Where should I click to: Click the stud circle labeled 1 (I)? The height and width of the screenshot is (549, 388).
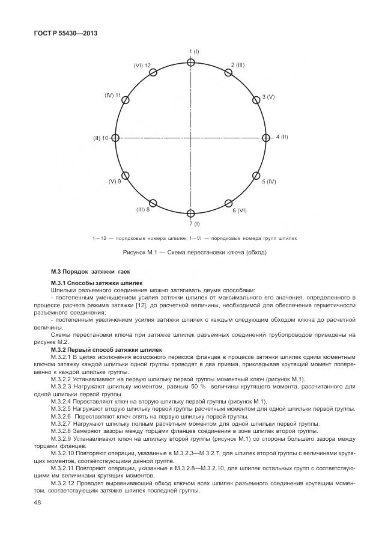click(x=191, y=63)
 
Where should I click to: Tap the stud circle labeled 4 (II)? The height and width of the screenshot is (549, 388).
click(x=266, y=138)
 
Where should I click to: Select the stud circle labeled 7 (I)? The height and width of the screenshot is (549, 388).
click(x=191, y=213)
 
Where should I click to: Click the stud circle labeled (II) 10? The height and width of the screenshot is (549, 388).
click(x=116, y=138)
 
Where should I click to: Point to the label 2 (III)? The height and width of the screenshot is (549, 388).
click(x=238, y=64)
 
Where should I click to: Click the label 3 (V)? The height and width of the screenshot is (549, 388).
click(x=268, y=97)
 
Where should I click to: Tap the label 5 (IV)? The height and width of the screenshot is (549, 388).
click(x=268, y=181)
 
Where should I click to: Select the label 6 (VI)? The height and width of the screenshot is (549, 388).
click(x=240, y=210)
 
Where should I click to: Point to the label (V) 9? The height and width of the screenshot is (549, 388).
click(x=115, y=181)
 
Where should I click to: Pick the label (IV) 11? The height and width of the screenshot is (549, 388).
click(x=112, y=95)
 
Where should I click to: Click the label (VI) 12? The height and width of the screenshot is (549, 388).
click(x=142, y=64)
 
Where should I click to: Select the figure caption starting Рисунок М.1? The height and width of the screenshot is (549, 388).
click(x=194, y=252)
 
